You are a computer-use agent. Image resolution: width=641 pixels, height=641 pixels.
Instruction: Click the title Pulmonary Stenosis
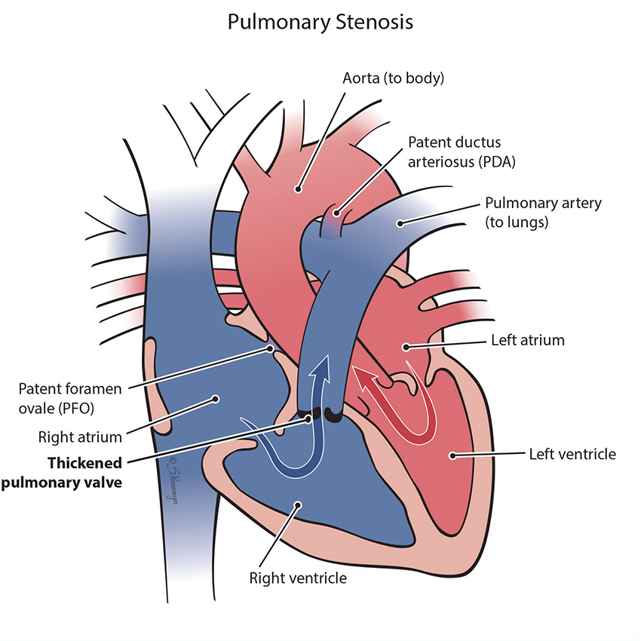320,22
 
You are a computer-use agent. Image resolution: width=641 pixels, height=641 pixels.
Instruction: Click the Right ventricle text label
299,578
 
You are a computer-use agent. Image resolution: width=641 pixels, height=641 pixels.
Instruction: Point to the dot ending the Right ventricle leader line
299,506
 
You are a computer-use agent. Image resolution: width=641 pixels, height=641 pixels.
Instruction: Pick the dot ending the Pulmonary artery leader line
403,222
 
